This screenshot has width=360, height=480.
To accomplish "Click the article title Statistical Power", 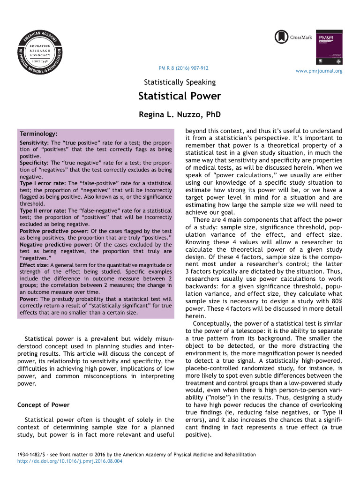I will click(x=180, y=97).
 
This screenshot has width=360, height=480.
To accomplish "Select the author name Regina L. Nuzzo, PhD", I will click(x=180, y=114).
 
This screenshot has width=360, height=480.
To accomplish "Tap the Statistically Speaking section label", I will click(x=180, y=82).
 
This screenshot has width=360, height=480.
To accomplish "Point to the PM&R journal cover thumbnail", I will click(x=330, y=47).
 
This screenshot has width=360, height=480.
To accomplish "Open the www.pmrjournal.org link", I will click(x=319, y=71).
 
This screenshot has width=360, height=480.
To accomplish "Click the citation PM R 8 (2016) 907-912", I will click(x=184, y=68).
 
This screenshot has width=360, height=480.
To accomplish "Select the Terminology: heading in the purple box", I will click(x=38, y=134).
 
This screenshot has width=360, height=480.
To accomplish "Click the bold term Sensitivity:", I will click(x=34, y=142).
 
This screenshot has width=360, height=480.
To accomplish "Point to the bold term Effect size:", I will click(x=33, y=265).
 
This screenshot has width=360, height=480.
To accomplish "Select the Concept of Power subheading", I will click(x=43, y=405).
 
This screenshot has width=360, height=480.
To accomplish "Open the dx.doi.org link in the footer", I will click(x=69, y=461).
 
